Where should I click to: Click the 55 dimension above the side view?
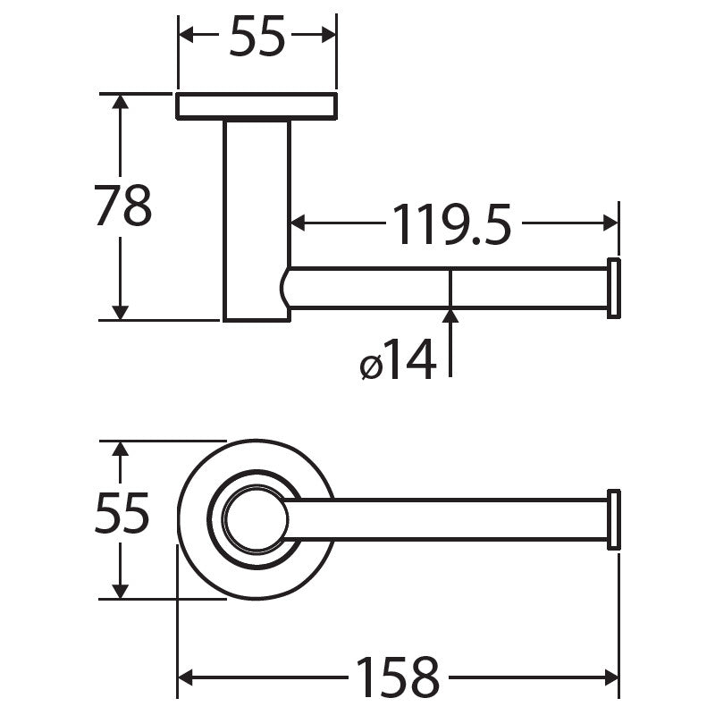coord(257,36)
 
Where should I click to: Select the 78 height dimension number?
coord(123,206)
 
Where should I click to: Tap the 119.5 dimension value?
coord(451,224)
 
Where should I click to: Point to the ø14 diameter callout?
coord(398,360)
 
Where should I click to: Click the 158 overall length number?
coord(398,677)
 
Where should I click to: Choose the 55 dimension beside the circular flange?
coord(122,513)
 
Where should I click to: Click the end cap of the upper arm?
coord(614,288)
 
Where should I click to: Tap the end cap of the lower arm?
coord(614,519)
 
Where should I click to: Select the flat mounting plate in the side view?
coord(257,106)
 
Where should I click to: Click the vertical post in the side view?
coord(257,221)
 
